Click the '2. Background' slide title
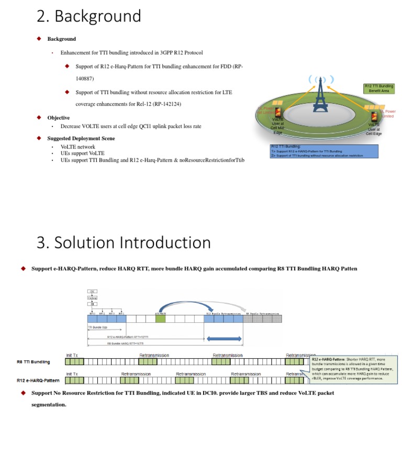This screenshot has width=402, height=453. click(88, 16)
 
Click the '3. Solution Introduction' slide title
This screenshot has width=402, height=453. click(124, 243)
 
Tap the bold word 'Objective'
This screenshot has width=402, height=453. click(58, 118)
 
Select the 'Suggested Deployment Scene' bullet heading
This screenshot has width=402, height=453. click(81, 139)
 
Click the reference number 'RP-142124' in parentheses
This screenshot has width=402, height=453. click(166, 104)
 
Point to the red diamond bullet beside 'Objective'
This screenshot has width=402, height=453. click(39, 117)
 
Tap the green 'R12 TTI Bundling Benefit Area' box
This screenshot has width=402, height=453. click(379, 88)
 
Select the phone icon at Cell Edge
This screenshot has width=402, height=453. click(374, 117)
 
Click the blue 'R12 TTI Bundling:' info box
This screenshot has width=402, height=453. click(323, 151)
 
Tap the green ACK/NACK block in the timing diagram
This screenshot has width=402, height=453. click(160, 318)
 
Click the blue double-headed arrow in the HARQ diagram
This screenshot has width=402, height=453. click(225, 339)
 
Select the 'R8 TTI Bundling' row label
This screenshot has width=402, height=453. click(33, 361)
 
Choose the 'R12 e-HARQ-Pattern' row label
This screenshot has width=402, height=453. click(38, 380)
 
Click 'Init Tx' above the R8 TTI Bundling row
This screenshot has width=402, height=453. click(73, 355)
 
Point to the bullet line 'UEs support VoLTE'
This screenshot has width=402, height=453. click(82, 153)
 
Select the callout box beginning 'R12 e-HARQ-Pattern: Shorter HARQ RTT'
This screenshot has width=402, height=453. click(353, 369)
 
